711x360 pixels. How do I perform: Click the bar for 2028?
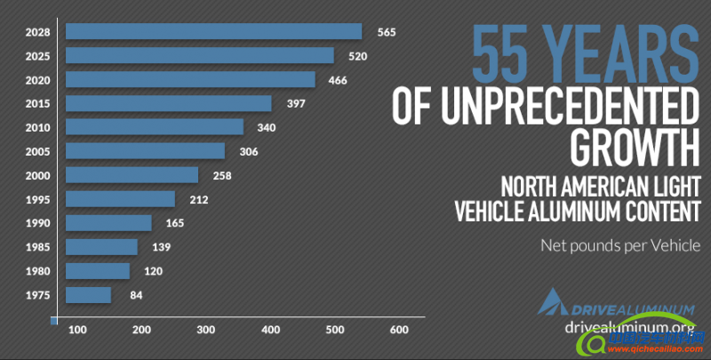pyautogui.click(x=214, y=32)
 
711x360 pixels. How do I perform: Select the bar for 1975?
pyautogui.click(x=89, y=295)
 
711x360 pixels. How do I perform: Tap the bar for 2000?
pyautogui.click(x=132, y=175)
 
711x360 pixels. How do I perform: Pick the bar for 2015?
pyautogui.click(x=169, y=104)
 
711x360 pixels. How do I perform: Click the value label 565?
pyautogui.click(x=386, y=32)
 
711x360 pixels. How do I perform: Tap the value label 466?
pyautogui.click(x=338, y=80)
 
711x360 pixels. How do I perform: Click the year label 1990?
pyautogui.click(x=37, y=223)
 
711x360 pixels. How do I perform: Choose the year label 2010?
pyautogui.click(x=37, y=128)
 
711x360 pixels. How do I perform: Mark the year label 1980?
pyautogui.click(x=37, y=271)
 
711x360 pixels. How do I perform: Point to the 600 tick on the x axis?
pyautogui.click(x=398, y=330)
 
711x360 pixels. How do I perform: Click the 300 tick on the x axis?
pyautogui.click(x=206, y=330)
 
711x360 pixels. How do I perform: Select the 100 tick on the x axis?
pyautogui.click(x=77, y=330)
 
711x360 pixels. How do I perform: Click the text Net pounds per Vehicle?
pyautogui.click(x=620, y=245)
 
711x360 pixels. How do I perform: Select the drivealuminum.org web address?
pyautogui.click(x=628, y=326)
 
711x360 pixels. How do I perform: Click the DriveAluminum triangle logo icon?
pyautogui.click(x=551, y=302)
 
